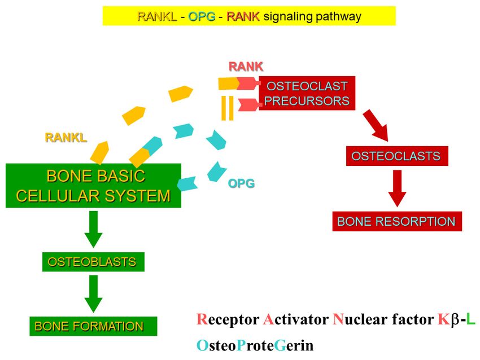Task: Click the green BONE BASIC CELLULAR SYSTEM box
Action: (93, 186)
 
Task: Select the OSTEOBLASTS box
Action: (93, 262)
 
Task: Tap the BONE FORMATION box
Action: (93, 326)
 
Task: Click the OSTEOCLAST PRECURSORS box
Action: (307, 93)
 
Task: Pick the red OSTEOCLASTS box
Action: (397, 156)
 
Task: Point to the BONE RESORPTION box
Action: (397, 221)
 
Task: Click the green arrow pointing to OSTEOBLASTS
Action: (93, 229)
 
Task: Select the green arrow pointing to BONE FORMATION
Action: (93, 293)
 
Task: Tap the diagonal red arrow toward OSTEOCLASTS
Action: (376, 125)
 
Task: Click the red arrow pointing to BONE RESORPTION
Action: (398, 188)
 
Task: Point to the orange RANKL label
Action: (66, 138)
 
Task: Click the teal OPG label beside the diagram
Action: (241, 183)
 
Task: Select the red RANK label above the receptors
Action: (246, 67)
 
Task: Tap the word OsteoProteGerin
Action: (255, 346)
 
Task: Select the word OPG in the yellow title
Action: (202, 16)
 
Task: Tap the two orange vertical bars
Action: (228, 108)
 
